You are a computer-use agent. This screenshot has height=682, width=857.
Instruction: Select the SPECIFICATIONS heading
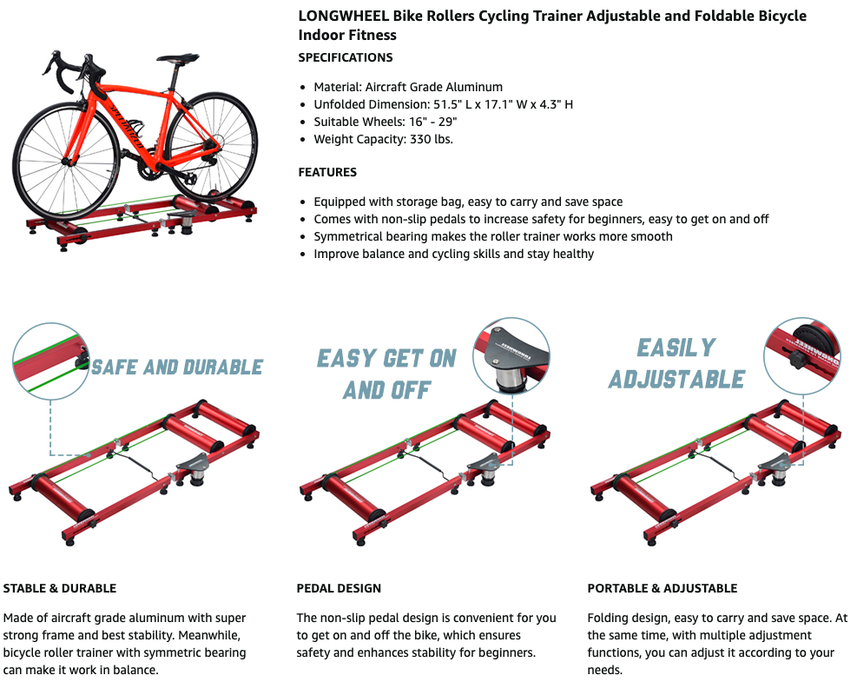(x=346, y=57)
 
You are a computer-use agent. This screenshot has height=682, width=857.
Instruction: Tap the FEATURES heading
(x=327, y=172)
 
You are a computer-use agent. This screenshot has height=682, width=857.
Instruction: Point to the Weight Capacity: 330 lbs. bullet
(x=383, y=139)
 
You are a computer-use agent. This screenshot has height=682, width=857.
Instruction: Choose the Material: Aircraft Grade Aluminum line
(x=408, y=87)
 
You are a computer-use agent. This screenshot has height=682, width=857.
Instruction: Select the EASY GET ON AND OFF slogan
(x=386, y=374)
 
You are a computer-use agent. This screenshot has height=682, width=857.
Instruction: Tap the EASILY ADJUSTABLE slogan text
(x=676, y=364)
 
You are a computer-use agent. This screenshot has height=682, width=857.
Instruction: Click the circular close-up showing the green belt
(x=50, y=359)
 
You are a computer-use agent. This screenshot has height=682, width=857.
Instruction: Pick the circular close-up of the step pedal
(x=511, y=355)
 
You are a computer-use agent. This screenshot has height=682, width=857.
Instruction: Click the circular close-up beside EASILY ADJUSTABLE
(x=801, y=355)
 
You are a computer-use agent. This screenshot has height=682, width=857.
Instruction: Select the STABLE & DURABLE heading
(x=60, y=588)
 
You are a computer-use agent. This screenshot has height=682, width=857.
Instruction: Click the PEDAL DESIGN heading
(x=339, y=588)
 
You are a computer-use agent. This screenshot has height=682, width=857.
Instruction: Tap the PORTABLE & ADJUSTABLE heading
(x=662, y=588)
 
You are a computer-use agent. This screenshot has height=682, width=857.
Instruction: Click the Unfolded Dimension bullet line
(x=443, y=104)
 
